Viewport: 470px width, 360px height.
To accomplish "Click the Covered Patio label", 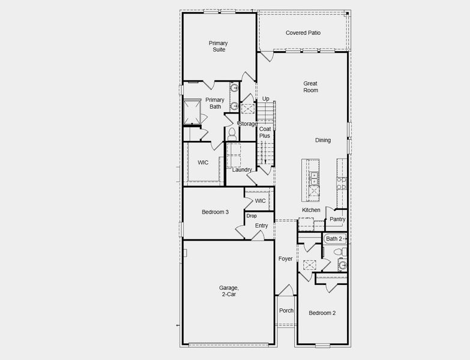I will click(x=303, y=33).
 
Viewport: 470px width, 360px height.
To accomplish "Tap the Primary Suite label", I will click(x=218, y=46).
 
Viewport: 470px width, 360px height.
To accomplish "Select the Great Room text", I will click(x=310, y=87).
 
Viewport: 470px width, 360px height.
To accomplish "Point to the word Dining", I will click(x=323, y=140).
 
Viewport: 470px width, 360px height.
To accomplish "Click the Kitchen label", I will click(x=311, y=210).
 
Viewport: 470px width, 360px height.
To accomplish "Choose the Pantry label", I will click(x=337, y=220).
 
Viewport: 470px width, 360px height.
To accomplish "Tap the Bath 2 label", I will click(x=334, y=239).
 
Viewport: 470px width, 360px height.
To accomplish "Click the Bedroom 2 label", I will click(x=322, y=313).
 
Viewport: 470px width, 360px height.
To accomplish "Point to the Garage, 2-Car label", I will click(x=228, y=291).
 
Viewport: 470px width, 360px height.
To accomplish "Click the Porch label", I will click(x=286, y=311).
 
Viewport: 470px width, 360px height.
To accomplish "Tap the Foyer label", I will click(x=286, y=259).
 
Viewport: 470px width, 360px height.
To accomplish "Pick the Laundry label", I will click(x=242, y=170).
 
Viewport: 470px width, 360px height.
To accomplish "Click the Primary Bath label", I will click(x=215, y=103).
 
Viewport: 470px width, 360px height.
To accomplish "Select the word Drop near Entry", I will click(x=252, y=216).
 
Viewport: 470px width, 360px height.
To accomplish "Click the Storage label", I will click(x=249, y=124).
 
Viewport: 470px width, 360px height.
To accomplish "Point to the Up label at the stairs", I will click(x=265, y=99).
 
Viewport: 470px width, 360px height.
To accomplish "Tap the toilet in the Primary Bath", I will click(x=231, y=133).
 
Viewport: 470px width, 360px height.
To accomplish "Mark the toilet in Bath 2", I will click(x=342, y=265).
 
